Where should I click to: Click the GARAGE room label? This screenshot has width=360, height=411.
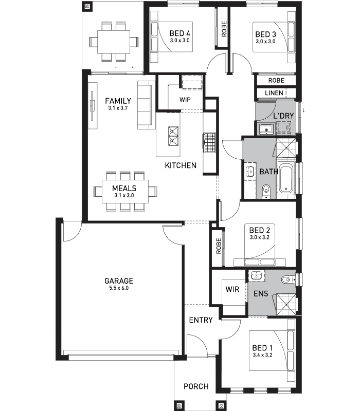(119, 281)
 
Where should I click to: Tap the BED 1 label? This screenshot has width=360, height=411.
(262, 348)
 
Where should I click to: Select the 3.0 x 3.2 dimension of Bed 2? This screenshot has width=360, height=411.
(260, 237)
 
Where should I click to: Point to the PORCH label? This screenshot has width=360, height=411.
(196, 386)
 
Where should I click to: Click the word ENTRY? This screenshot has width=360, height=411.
(201, 320)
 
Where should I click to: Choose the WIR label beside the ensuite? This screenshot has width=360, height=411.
(232, 289)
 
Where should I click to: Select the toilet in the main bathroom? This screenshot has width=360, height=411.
(266, 191)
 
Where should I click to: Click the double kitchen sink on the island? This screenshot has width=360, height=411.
(173, 136)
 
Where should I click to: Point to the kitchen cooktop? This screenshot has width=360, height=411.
(209, 143)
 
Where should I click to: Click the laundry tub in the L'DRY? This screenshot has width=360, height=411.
(266, 129)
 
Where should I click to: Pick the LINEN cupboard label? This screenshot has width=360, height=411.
(274, 93)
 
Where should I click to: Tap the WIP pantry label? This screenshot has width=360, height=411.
(185, 100)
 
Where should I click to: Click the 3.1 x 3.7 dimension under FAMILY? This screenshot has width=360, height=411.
(118, 108)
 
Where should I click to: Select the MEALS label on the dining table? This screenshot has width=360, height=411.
(124, 188)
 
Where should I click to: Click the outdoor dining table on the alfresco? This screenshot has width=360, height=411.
(114, 42)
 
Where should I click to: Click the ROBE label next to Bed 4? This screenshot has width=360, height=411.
(224, 29)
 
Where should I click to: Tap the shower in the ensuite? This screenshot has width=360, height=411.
(286, 305)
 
